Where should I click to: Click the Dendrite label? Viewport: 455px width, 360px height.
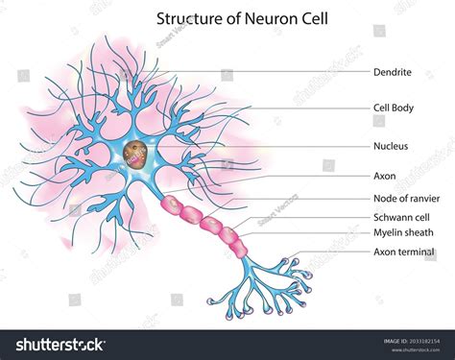coord(393,72)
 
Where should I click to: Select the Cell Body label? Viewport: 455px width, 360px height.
coord(394,108)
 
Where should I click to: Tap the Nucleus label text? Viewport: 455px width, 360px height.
coord(392,146)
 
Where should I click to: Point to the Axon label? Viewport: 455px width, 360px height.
coord(384,177)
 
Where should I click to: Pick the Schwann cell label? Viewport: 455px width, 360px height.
coord(401,217)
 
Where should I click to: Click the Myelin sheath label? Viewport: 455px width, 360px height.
coord(403,232)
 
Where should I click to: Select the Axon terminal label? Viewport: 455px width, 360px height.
coord(403,252)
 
